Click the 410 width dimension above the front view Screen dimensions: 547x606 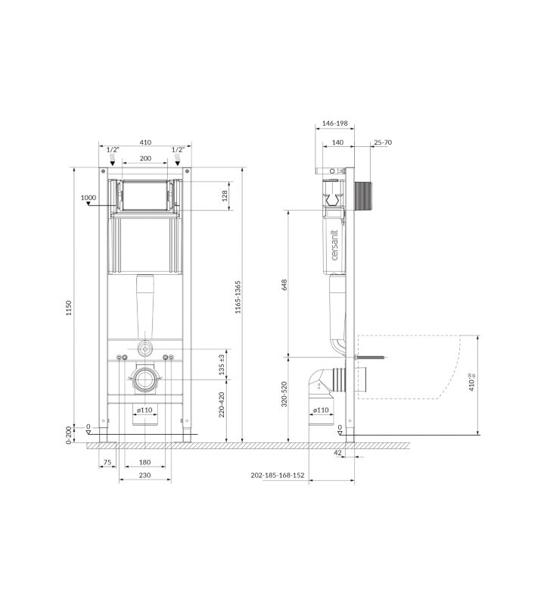145,142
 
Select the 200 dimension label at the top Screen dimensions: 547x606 145,158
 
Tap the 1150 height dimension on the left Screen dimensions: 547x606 69,308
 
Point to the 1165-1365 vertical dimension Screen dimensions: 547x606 238,297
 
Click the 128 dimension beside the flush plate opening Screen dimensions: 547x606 225,196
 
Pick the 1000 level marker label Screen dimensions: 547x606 89,198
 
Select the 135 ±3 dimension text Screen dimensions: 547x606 222,364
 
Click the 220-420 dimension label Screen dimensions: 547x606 222,405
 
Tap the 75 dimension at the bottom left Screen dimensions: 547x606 107,462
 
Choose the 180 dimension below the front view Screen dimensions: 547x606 145,462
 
